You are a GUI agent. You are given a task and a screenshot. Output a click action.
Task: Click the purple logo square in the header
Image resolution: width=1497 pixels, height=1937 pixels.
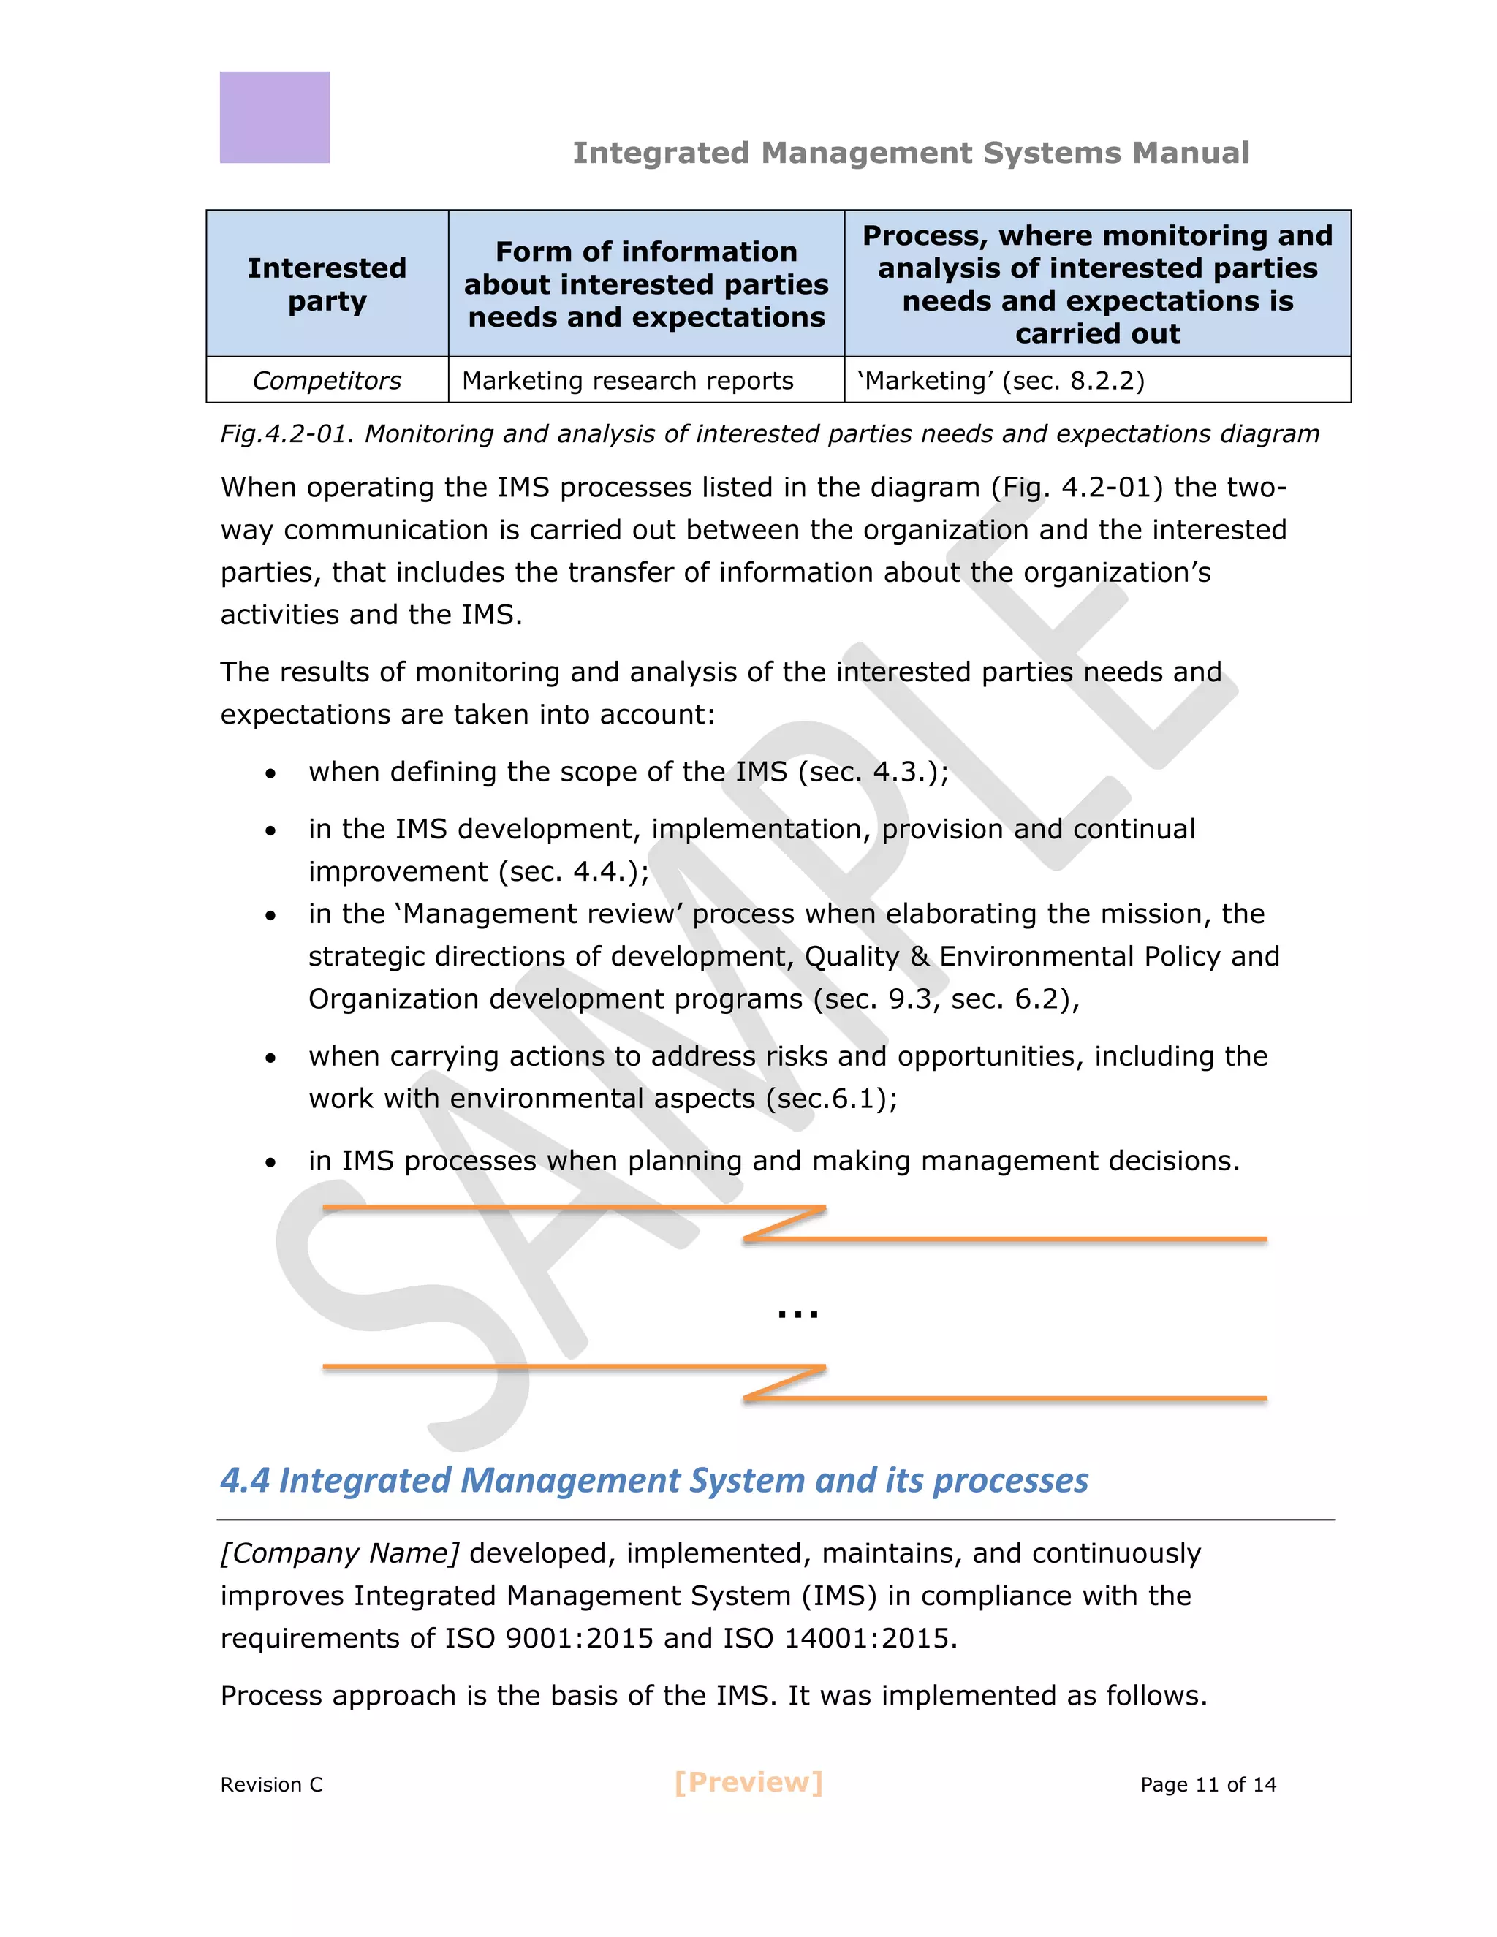(x=274, y=117)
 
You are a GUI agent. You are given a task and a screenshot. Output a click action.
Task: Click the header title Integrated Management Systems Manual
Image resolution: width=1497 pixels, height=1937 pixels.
(x=911, y=153)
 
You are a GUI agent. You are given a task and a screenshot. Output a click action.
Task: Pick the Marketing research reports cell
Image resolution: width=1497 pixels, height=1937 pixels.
(x=627, y=381)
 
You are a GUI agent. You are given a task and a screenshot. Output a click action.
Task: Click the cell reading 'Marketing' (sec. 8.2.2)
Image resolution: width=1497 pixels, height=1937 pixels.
(x=1001, y=381)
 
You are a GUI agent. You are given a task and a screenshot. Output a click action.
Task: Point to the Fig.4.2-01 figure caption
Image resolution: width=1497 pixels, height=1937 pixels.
(x=769, y=433)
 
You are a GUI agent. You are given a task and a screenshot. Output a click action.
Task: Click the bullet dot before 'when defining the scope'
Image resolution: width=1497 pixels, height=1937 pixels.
(x=270, y=773)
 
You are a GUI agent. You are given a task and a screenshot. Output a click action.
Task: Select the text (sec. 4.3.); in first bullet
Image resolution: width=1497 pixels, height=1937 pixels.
(x=873, y=772)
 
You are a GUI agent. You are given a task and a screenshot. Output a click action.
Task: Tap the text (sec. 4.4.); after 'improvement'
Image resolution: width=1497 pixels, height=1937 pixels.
(x=573, y=871)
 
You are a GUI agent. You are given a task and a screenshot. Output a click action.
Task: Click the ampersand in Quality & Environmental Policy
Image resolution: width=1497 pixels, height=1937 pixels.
(x=919, y=956)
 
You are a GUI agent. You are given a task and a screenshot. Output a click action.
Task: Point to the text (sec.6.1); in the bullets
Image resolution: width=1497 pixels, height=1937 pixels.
(x=831, y=1098)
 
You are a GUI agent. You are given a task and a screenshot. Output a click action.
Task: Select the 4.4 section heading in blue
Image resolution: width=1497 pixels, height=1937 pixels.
(x=653, y=1480)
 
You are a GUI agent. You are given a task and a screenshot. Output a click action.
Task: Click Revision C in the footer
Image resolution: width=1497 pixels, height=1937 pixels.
(x=271, y=1784)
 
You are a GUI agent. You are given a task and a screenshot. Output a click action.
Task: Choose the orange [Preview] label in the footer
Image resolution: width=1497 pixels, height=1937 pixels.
(x=748, y=1783)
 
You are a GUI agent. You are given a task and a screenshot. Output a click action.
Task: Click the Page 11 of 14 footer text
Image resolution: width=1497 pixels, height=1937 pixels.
(x=1207, y=1784)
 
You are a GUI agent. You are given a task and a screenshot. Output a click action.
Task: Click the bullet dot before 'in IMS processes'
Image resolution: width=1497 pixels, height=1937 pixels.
(x=270, y=1163)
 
